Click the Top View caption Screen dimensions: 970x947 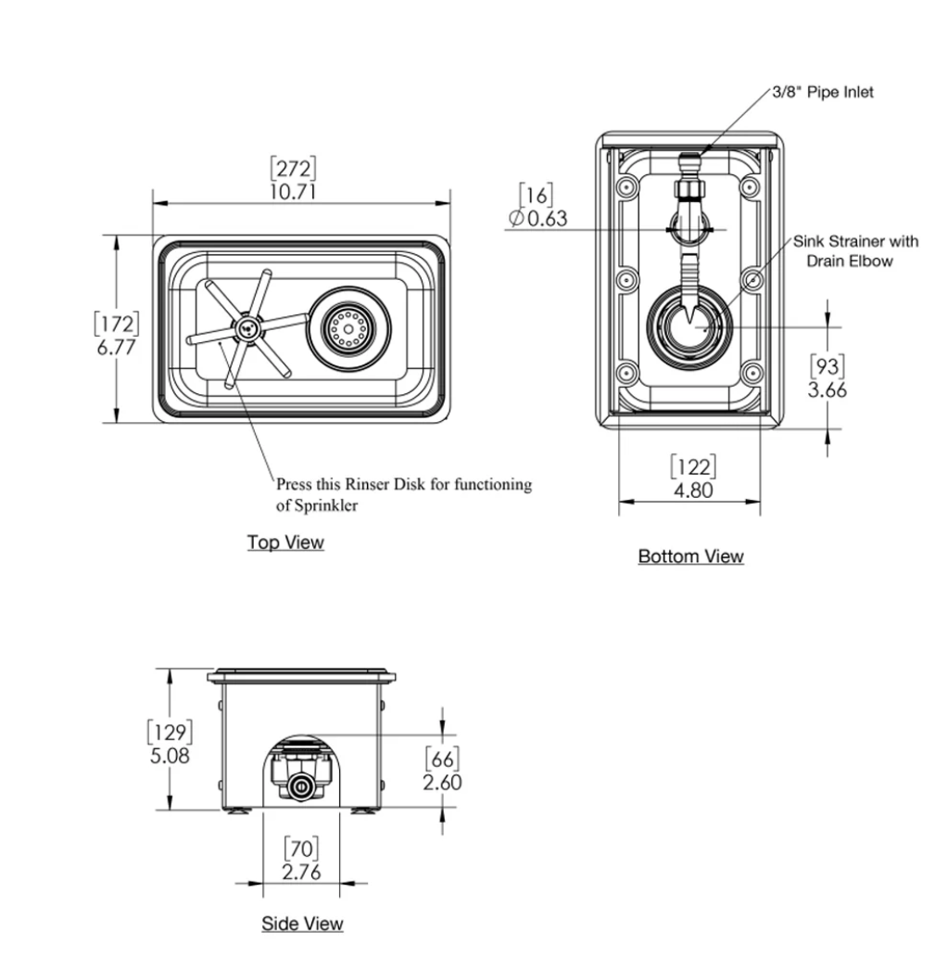(285, 542)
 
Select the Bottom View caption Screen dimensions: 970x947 (690, 556)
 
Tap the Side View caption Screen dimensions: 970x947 (302, 924)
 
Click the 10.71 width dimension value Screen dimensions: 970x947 (293, 191)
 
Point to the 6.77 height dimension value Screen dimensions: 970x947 (117, 347)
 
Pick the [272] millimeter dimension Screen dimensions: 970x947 (293, 169)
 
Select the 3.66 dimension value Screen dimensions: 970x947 (827, 389)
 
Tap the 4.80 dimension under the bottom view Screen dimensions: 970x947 (692, 491)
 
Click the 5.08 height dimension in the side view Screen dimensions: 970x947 (170, 757)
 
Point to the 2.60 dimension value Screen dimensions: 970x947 (442, 783)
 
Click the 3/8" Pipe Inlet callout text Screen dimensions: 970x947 (823, 93)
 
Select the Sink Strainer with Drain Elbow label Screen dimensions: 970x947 (854, 251)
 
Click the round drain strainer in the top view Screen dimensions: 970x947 (347, 328)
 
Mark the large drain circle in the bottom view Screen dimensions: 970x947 (692, 325)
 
